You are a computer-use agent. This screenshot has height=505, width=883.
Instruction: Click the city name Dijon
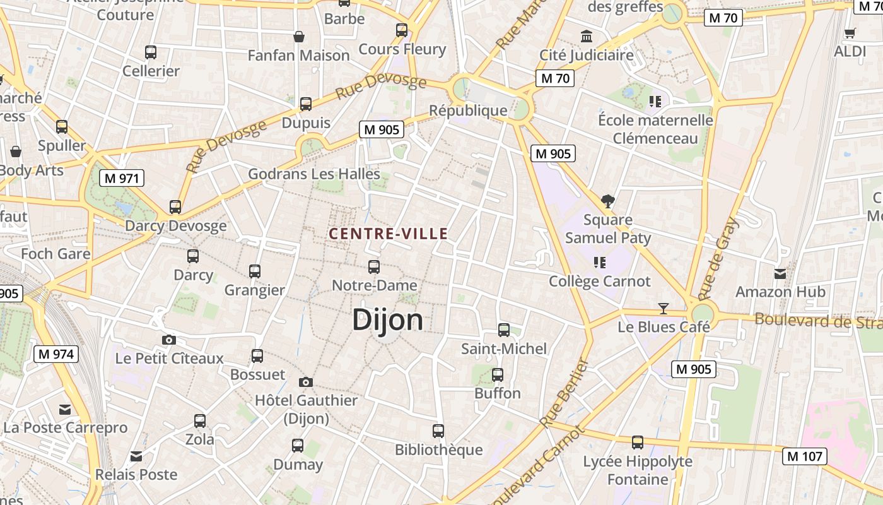click(x=387, y=319)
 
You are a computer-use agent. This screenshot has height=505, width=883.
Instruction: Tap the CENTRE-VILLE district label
click(x=388, y=234)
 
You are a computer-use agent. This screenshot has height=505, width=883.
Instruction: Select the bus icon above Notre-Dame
click(x=374, y=267)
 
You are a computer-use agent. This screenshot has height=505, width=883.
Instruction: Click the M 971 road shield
click(x=122, y=178)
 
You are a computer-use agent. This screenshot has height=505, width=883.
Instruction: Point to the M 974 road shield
click(x=56, y=354)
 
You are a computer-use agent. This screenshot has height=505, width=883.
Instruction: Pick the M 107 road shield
click(x=804, y=456)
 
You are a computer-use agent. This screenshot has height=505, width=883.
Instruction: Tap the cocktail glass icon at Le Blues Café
click(x=663, y=309)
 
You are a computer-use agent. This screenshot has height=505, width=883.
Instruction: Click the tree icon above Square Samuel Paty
click(x=608, y=201)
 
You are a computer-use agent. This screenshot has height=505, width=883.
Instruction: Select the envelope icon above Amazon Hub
click(x=780, y=273)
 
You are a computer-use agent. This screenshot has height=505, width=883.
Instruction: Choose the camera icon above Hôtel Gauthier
click(x=306, y=382)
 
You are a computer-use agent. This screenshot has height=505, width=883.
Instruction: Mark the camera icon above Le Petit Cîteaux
click(x=168, y=340)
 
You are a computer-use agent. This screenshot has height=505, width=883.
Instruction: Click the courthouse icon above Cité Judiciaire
click(x=587, y=36)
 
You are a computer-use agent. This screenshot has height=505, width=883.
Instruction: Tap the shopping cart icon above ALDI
click(x=850, y=33)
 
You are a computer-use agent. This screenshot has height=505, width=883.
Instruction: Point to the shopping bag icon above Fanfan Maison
click(x=299, y=37)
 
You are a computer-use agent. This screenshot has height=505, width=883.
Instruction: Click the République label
click(x=468, y=110)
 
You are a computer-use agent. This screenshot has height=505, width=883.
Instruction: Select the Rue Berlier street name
click(x=564, y=393)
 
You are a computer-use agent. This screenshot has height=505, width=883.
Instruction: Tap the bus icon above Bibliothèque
click(x=438, y=431)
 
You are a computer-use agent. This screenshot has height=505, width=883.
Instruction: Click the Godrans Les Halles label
click(x=314, y=174)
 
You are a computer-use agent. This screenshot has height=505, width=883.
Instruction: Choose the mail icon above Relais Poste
click(x=136, y=456)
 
